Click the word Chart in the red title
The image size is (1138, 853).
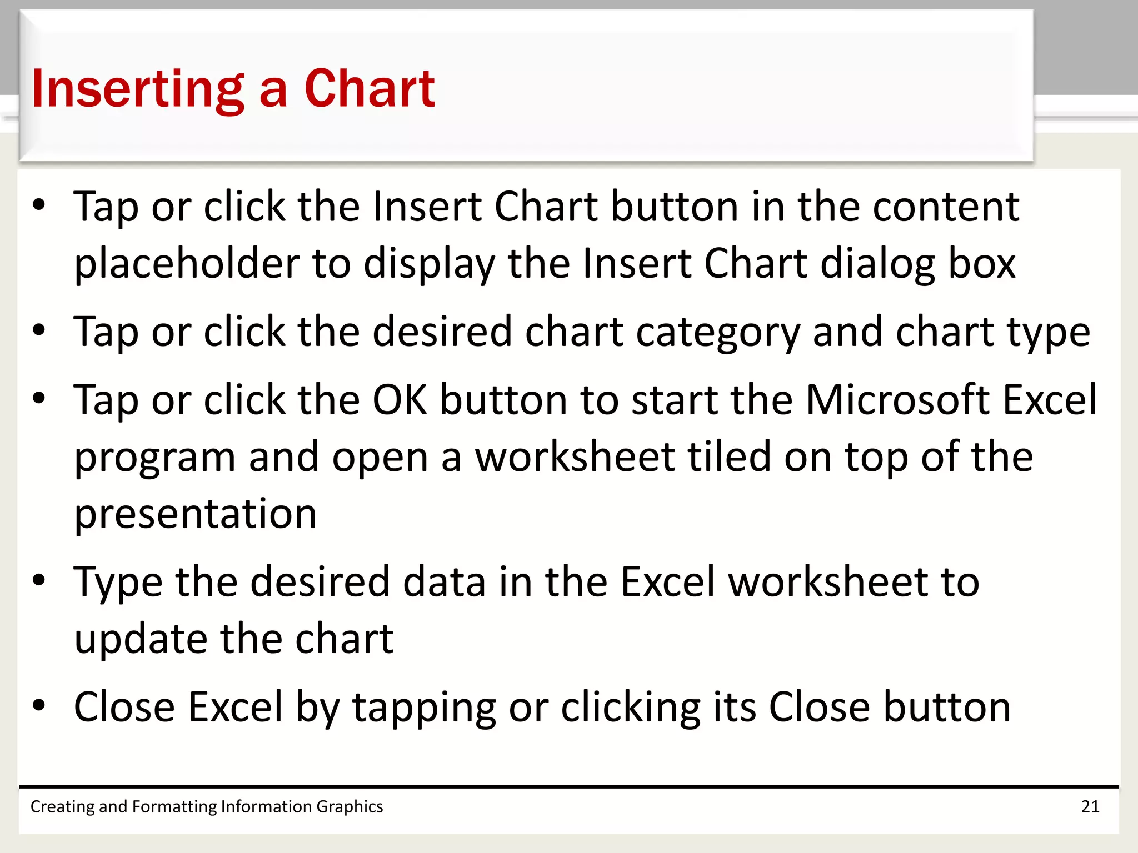pos(369,89)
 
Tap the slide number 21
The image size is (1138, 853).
pos(1090,806)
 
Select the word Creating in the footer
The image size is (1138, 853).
pos(63,806)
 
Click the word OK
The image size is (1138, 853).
pos(400,400)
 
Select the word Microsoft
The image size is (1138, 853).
pos(897,400)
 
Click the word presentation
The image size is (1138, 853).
pos(195,514)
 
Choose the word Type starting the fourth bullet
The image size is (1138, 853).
pos(118,583)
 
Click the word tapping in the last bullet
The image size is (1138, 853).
pos(424,708)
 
